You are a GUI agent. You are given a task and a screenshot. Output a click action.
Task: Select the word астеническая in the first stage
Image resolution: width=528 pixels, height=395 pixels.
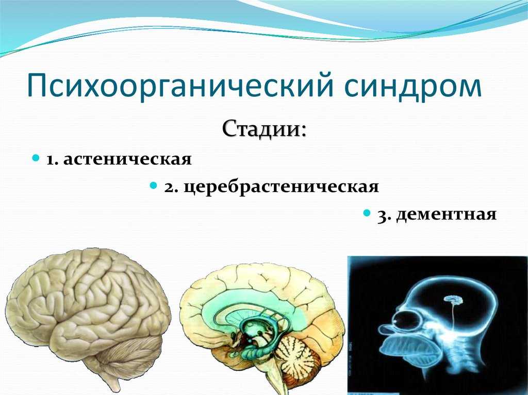point(127,159)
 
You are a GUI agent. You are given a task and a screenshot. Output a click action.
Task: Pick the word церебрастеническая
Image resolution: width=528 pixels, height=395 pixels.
point(282,187)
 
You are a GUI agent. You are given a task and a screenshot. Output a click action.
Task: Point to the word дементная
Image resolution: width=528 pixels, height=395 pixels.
point(446,214)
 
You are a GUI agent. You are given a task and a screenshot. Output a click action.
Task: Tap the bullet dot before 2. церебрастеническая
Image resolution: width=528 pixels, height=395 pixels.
point(154,185)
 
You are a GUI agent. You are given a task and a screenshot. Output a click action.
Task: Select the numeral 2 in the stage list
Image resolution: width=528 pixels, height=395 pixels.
point(169,187)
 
